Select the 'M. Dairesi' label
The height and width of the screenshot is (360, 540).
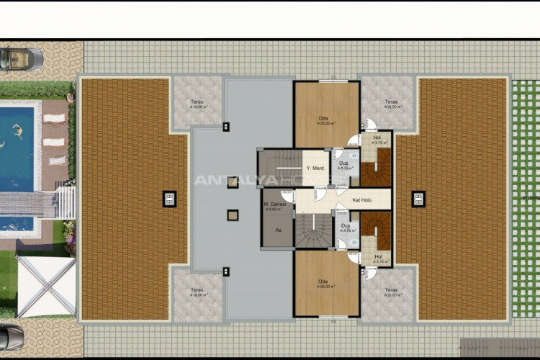[275, 204]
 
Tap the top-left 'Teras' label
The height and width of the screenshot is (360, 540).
[197, 102]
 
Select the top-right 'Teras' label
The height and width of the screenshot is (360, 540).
[391, 102]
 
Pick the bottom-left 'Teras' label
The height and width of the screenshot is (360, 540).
[197, 290]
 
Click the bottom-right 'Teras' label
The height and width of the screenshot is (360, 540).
[391, 290]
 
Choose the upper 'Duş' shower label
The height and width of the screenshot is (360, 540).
[345, 163]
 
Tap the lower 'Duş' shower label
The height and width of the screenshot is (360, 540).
[345, 225]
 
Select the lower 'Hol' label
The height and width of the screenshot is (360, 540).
[378, 256]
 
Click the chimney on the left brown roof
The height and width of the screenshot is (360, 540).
[170, 199]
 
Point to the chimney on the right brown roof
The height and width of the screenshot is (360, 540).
[418, 199]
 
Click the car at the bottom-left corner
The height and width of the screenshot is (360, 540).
[11, 335]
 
